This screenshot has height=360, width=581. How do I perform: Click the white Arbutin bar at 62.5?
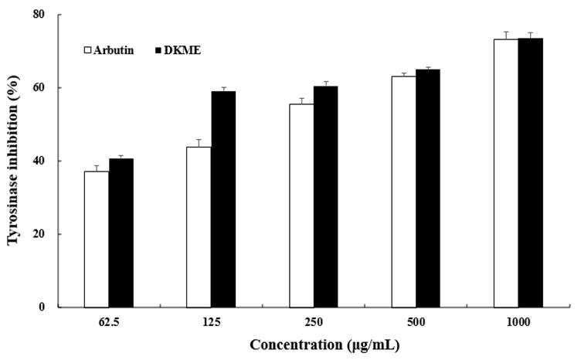97,239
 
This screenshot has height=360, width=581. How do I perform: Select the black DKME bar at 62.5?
121,233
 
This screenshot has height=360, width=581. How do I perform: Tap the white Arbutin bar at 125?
199,227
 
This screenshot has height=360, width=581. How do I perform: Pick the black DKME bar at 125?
223,199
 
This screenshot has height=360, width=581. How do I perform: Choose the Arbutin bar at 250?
301,205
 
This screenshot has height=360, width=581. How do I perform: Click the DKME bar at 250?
326,197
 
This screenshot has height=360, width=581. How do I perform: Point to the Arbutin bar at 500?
404,192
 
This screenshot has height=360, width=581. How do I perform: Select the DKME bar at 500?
428,188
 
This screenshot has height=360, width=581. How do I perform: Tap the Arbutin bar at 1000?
506,173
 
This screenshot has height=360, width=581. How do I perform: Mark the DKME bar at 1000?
531,173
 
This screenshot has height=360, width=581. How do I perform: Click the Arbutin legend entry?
109,50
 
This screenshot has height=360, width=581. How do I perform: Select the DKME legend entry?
178,50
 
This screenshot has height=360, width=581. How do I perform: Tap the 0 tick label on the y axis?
42,307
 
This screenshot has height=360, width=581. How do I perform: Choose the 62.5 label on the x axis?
109,322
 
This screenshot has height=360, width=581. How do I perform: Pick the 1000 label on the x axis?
518,322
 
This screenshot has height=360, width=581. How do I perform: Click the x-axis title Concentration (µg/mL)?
324,345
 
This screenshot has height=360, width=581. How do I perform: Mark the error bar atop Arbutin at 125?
199,143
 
